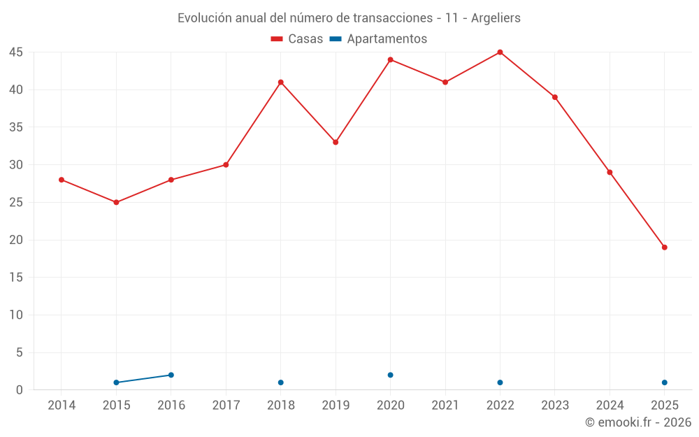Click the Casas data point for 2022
tap(500, 52)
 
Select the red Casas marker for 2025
tap(664, 248)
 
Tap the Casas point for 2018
tap(280, 83)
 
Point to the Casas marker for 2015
tap(116, 203)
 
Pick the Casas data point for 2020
tap(390, 59)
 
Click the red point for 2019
tap(336, 143)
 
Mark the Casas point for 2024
tap(610, 173)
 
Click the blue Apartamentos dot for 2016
tap(171, 375)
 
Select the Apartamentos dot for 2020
tap(390, 375)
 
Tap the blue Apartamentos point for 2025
tap(664, 382)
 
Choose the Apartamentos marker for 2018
tap(280, 382)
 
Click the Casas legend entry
tap(297, 39)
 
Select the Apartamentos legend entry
tap(378, 39)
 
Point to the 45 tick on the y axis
tap(16, 52)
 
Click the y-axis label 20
tap(16, 240)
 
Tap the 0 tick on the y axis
tap(20, 390)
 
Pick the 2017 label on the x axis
tap(226, 406)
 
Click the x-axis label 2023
tap(554, 406)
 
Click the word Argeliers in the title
tap(496, 18)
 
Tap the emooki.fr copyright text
tap(638, 422)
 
